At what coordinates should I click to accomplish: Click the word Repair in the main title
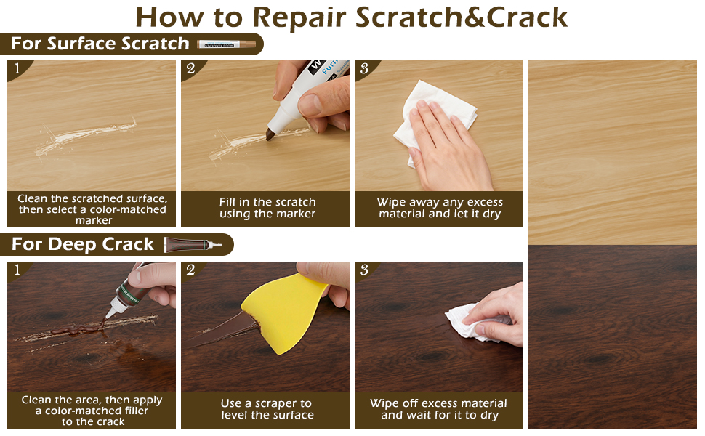pos(300,18)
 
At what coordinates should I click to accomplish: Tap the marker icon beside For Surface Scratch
pos(227,44)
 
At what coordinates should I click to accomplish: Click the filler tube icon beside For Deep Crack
pos(193,244)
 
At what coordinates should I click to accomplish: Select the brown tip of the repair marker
pos(270,134)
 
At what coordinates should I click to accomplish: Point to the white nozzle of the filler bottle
pos(111,310)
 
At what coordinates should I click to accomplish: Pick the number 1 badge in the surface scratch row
pos(17,68)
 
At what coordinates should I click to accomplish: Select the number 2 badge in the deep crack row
pos(190,270)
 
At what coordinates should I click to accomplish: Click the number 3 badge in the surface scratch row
pos(364,68)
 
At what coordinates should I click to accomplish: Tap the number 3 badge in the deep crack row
pos(364,270)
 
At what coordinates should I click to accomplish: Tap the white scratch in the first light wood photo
pos(86,136)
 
